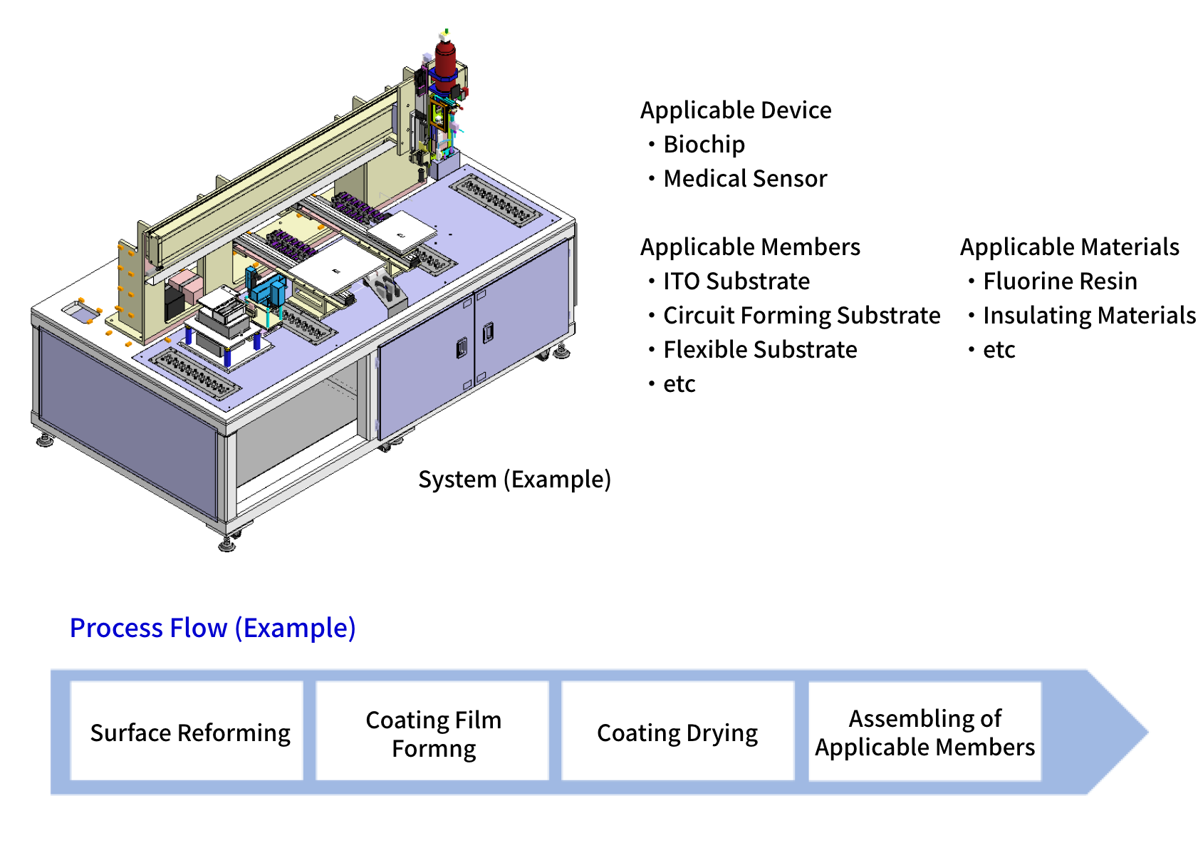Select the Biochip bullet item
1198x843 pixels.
703,145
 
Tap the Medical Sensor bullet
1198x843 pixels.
744,179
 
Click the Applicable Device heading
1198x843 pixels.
736,110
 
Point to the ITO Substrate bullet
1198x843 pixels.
736,281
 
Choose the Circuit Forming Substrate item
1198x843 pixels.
801,316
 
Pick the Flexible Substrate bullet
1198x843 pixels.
759,350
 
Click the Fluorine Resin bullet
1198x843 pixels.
1059,281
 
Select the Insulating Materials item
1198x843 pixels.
1088,316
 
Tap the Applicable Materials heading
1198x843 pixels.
1069,247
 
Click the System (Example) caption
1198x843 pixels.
514,480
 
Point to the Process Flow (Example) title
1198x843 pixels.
212,628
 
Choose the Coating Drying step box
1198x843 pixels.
677,732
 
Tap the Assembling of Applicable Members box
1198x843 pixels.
924,732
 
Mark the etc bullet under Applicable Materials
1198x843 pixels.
999,350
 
